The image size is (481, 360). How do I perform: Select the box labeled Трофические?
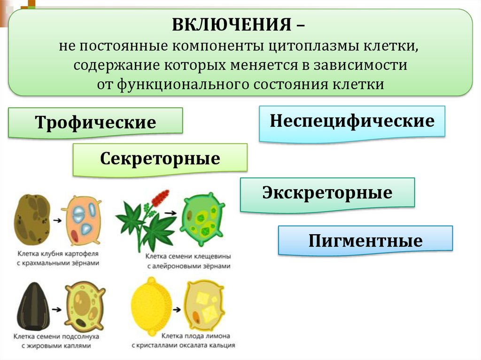95,123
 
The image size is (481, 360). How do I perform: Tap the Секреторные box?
160,159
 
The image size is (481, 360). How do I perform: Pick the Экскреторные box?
327,193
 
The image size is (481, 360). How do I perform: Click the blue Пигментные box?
365,241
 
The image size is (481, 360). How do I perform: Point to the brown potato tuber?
32,219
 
